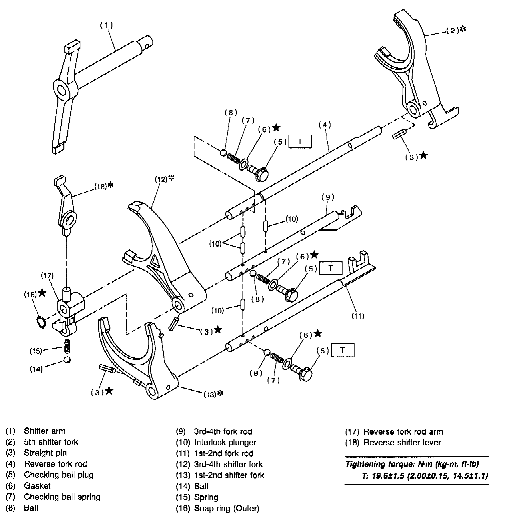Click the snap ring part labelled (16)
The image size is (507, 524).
[40, 322]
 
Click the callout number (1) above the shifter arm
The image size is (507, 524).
[107, 25]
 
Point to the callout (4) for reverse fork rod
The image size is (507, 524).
[325, 125]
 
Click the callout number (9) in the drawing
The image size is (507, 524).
[328, 197]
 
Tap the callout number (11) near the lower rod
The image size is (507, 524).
[358, 315]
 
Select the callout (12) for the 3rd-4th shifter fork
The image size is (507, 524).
[161, 179]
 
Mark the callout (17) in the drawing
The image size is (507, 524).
[47, 275]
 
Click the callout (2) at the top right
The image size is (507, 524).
[453, 31]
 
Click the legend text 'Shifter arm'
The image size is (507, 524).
[45, 431]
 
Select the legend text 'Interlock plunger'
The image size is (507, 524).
[225, 442]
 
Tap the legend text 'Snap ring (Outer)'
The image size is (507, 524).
[226, 508]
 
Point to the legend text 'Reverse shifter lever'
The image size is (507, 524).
[402, 442]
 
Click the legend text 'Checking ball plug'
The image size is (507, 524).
[59, 475]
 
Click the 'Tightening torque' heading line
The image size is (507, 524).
[412, 464]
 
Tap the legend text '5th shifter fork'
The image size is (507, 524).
[51, 442]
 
